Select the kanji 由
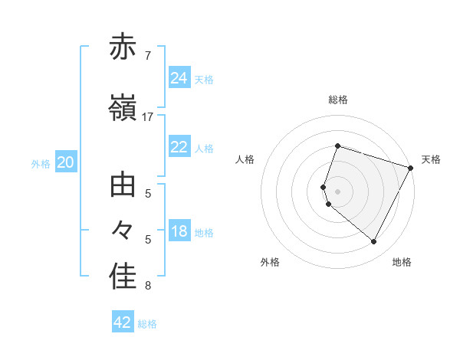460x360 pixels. point(123,185)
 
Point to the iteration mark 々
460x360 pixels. point(123,230)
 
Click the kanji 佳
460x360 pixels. point(123,277)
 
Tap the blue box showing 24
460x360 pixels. point(179,78)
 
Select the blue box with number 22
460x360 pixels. point(179,147)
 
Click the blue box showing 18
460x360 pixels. point(179,231)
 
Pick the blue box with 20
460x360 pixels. point(65,162)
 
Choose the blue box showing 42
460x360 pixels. point(123,322)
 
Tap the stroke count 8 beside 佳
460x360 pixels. point(147,286)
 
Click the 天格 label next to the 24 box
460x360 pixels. point(204,79)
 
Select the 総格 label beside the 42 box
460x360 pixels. point(147,324)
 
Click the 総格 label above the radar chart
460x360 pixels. point(337,100)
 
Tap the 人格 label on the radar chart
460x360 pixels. point(245,159)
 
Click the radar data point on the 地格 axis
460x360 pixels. point(373,242)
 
